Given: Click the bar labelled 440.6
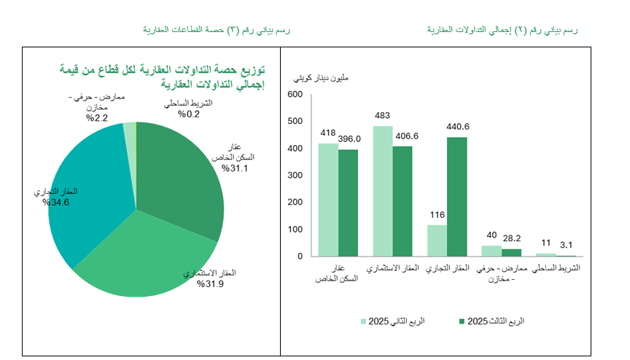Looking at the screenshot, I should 457,197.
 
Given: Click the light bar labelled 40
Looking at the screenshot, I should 491,251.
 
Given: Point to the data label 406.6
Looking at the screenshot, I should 406,136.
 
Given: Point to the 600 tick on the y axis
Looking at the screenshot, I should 295,95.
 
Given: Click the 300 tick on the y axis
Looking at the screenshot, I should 295,176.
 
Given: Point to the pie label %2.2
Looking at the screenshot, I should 97,117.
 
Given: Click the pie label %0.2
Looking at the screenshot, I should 193,113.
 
